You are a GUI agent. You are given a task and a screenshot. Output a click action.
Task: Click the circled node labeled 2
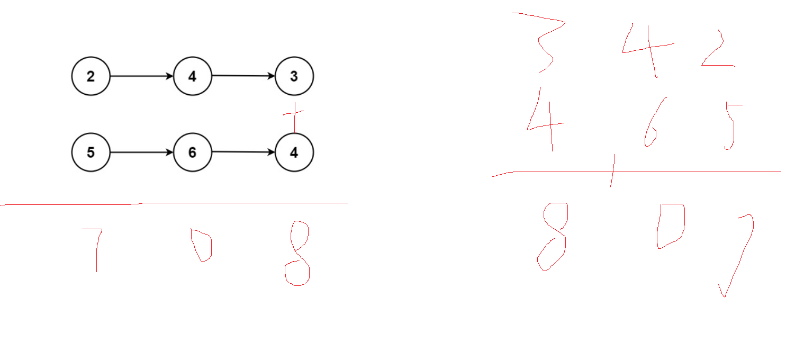(x=91, y=76)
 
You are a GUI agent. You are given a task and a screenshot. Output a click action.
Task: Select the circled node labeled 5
(x=91, y=152)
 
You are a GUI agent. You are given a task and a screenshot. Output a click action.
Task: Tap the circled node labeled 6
(x=192, y=152)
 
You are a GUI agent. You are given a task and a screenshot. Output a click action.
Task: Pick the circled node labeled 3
(x=294, y=76)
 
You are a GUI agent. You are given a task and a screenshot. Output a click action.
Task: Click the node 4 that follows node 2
(x=192, y=76)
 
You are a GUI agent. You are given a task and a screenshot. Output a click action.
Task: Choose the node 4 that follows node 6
(x=294, y=152)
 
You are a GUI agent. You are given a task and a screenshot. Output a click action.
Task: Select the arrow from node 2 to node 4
(x=141, y=76)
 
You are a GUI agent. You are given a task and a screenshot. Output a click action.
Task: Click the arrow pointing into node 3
(x=243, y=76)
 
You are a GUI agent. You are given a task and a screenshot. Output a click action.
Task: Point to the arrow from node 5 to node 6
(x=141, y=152)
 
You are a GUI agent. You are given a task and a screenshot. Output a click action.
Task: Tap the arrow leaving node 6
(x=243, y=152)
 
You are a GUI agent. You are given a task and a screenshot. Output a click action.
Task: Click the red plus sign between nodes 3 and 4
(x=294, y=112)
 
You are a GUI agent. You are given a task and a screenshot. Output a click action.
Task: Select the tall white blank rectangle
(x=426, y=113)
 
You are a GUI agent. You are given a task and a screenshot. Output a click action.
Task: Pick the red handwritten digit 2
(x=717, y=50)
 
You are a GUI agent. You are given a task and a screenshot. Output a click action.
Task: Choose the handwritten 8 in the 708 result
(x=297, y=254)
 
